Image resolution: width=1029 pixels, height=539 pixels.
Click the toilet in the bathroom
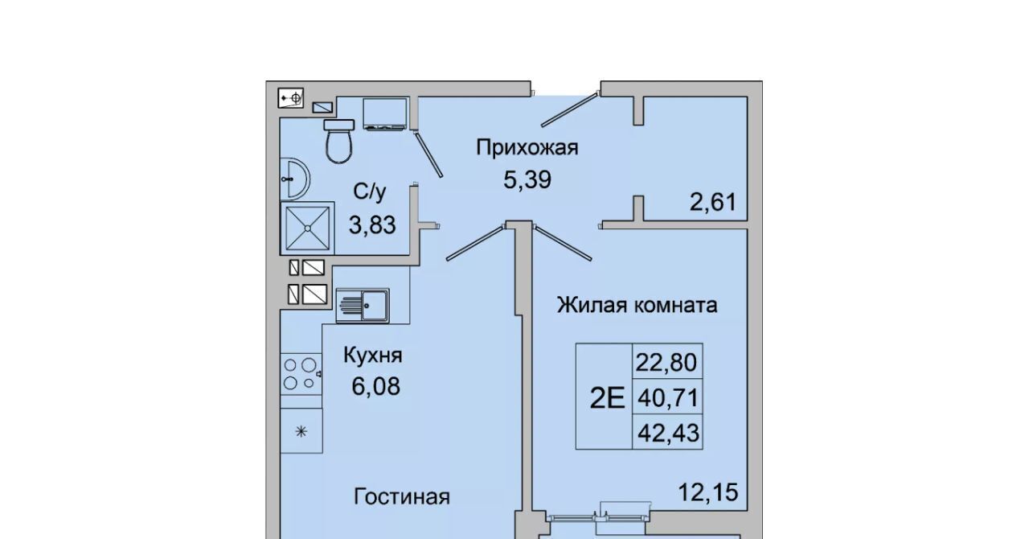339,141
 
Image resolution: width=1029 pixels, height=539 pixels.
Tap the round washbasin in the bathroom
294,179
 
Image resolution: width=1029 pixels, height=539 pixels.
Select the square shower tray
307,228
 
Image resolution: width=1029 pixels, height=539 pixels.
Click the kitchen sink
363,306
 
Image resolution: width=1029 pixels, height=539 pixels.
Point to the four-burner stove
301,373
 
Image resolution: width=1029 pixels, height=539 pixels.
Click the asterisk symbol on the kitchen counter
301,431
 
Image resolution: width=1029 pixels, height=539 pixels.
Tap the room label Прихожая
527,148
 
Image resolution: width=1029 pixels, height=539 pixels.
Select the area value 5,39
527,180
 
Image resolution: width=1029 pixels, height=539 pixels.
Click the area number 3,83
372,225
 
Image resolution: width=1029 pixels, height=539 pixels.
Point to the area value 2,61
712,202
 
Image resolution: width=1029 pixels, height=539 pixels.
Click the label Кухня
372,355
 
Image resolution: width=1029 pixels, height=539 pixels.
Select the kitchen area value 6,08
375,386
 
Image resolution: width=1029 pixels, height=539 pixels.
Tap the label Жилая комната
637,305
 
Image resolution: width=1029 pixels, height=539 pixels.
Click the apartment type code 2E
607,397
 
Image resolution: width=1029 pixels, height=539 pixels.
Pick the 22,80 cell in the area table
667,361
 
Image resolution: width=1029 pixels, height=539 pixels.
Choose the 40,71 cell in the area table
667,397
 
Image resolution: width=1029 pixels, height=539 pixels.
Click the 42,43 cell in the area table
667,432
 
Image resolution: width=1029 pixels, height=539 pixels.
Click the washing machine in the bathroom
385,113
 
